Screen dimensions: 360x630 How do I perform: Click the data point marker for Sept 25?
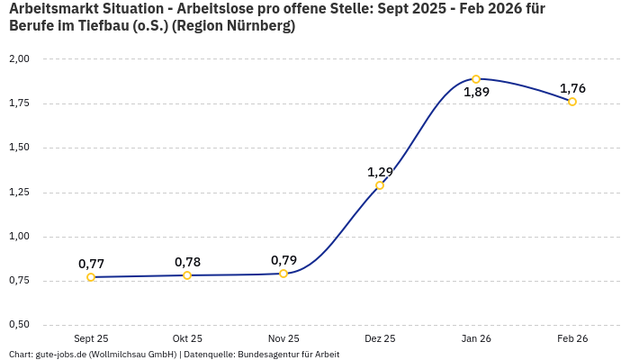tap(91, 277)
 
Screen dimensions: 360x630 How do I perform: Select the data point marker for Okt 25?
tap(187, 275)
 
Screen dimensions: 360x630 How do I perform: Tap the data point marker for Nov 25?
tap(283, 274)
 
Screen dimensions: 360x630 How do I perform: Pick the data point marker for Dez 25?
tap(380, 185)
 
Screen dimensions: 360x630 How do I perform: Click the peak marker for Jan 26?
tap(476, 79)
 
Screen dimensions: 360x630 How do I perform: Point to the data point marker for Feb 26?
tap(572, 102)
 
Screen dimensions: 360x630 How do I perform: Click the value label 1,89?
tap(476, 93)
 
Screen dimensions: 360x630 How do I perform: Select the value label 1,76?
tap(572, 88)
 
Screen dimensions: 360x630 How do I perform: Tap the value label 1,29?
tap(380, 172)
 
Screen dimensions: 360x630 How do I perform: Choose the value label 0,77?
tap(91, 264)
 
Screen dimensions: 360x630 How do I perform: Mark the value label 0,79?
tap(283, 260)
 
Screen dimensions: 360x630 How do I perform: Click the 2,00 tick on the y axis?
tap(19, 58)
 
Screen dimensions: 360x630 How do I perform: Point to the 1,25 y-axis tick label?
tap(19, 192)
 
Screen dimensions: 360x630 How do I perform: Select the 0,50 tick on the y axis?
tap(19, 325)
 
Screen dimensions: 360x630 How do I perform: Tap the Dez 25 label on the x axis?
tap(380, 338)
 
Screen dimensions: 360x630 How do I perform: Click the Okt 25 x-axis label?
tap(187, 338)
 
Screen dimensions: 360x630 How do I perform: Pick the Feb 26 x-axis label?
tap(572, 338)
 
